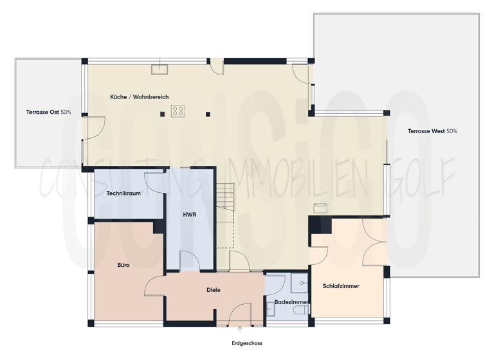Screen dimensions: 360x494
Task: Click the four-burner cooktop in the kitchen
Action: point(178,111)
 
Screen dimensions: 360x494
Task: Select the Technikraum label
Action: point(123,193)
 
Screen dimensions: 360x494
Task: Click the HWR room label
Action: point(189,215)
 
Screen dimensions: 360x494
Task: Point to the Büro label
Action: point(123,264)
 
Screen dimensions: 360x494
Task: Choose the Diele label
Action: point(214,290)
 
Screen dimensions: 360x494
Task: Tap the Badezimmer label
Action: point(291,301)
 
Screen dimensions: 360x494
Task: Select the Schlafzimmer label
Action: point(341,286)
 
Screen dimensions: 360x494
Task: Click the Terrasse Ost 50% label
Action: point(49,113)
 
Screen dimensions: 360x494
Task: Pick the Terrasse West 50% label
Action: point(432,131)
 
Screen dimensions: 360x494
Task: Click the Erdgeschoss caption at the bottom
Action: point(247,343)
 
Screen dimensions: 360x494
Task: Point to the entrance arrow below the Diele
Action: point(240,329)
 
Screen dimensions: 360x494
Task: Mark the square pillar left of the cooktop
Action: point(163,114)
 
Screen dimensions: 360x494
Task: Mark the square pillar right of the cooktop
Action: point(208,114)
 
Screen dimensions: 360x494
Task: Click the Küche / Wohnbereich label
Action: point(140,97)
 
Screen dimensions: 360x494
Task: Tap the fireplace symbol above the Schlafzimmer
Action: point(320,207)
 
